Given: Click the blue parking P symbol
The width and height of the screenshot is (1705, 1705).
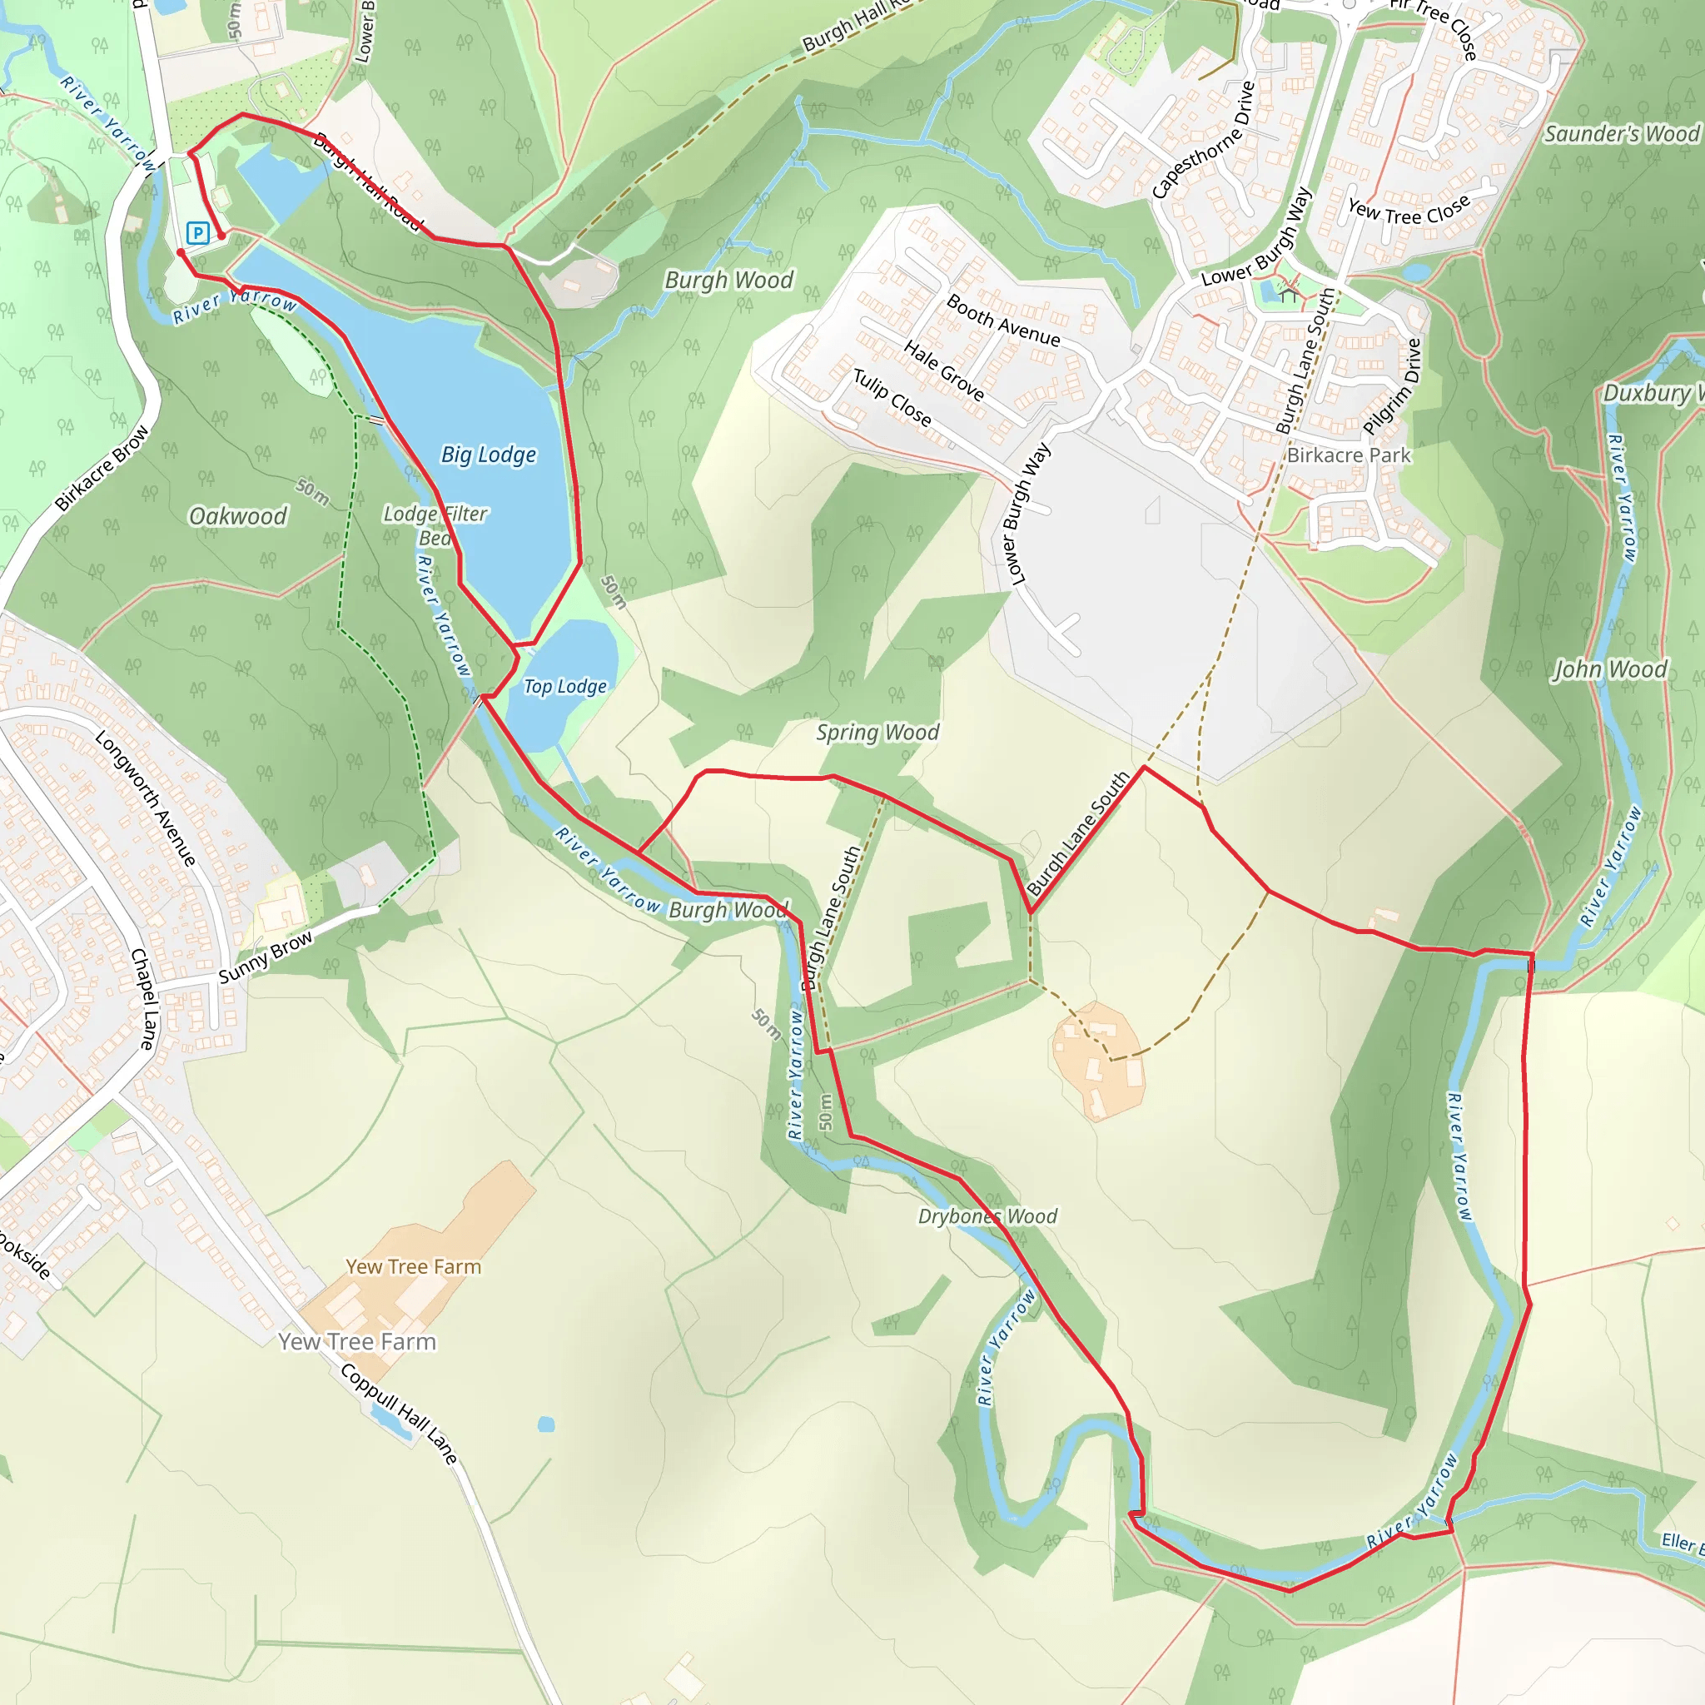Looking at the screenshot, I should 197,233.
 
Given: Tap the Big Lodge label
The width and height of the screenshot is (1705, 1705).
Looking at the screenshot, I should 488,455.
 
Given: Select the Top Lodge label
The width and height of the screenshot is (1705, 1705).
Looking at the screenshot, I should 564,686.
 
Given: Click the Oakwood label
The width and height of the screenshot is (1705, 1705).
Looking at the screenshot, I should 238,515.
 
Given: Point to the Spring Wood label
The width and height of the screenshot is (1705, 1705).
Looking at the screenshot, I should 877,732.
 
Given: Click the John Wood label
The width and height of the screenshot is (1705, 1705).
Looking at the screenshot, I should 1610,669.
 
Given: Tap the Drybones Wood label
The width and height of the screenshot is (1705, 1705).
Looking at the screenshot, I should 987,1216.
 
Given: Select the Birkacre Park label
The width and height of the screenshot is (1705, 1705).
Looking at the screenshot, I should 1349,455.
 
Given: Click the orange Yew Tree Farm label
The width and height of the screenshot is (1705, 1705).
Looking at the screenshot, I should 413,1266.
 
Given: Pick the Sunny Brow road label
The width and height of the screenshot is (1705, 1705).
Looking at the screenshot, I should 265,957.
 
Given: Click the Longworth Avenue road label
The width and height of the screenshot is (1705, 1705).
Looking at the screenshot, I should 146,798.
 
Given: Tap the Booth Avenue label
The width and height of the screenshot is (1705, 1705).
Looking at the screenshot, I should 1003,320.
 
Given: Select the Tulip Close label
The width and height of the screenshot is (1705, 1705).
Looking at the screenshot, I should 892,398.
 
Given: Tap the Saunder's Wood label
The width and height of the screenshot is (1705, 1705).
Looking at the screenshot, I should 1621,133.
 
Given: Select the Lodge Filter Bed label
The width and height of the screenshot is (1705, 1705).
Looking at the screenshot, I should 435,525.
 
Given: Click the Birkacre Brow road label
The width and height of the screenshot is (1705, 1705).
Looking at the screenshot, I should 102,469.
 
